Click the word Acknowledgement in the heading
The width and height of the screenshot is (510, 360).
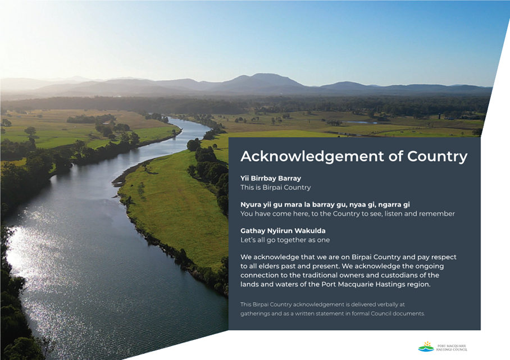(x=312, y=157)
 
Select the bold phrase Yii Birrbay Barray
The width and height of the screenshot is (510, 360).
(x=271, y=178)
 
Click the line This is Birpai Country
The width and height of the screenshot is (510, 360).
(x=275, y=188)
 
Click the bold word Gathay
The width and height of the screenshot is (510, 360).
(x=253, y=231)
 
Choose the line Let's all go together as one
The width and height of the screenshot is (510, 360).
(x=285, y=240)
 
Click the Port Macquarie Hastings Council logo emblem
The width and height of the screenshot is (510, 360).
(x=426, y=347)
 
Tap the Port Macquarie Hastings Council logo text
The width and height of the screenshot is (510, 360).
(x=452, y=348)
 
